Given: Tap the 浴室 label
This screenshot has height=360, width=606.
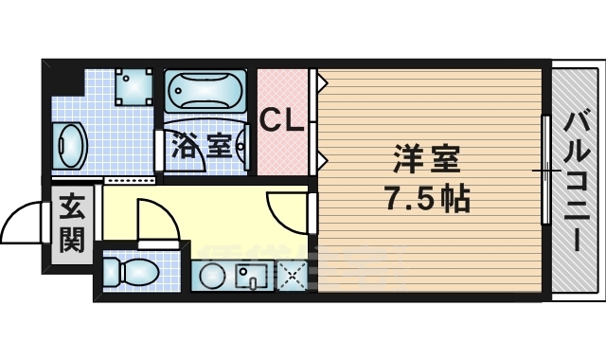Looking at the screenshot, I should point(201,146).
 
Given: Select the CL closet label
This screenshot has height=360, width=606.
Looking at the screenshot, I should point(282,120).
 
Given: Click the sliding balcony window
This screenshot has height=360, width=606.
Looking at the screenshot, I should point(545,171).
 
